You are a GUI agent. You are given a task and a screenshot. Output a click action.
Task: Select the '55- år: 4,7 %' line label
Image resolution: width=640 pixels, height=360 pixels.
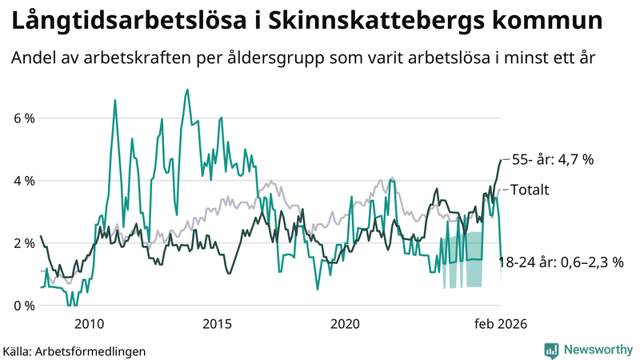tap(552, 159)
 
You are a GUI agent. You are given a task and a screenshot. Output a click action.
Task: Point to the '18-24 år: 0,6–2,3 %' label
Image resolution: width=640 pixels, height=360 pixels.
tap(567, 262)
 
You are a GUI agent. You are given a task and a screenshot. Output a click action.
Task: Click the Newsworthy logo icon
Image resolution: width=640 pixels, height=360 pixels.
tap(551, 350)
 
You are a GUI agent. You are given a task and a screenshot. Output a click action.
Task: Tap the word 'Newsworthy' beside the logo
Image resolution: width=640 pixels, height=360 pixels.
tap(596, 350)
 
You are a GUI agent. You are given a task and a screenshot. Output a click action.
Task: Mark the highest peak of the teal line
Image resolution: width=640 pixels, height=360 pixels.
tap(187, 90)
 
